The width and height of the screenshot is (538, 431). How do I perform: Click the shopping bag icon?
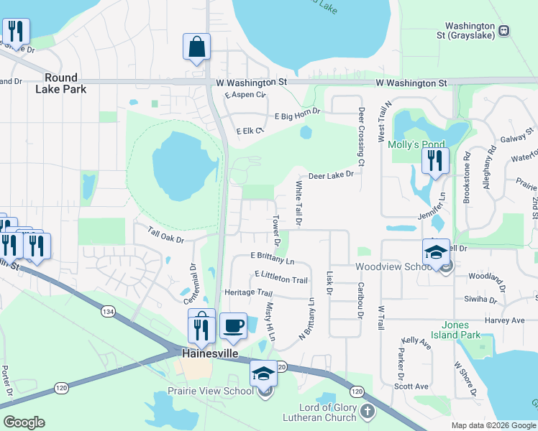pyautogui.click(x=196, y=47)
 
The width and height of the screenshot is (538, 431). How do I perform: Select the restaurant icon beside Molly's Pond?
pyautogui.click(x=434, y=161)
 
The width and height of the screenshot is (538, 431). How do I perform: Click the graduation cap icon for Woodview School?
pyautogui.click(x=436, y=253)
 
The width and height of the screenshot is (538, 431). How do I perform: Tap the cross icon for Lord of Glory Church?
pyautogui.click(x=368, y=412)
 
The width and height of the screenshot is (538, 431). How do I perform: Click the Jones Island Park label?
pyautogui.click(x=460, y=330)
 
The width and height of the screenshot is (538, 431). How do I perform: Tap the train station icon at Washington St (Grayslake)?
pyautogui.click(x=504, y=30)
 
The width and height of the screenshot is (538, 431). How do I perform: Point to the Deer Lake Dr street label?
pyautogui.click(x=332, y=175)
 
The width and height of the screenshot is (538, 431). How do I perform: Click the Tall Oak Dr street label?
pyautogui.click(x=166, y=234)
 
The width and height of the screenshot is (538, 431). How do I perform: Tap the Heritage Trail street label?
pyautogui.click(x=249, y=293)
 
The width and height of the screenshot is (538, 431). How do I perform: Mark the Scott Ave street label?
pyautogui.click(x=411, y=386)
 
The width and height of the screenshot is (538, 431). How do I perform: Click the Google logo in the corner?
pyautogui.click(x=24, y=422)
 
